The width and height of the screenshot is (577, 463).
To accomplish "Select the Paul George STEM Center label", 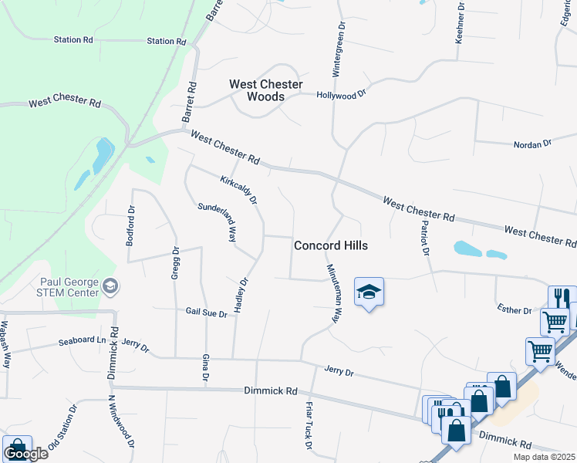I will click(68, 287).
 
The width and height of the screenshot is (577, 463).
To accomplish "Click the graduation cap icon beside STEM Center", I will click(111, 287).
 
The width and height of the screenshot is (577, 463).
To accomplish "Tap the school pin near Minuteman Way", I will click(369, 292).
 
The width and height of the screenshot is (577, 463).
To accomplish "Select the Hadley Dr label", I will click(240, 295).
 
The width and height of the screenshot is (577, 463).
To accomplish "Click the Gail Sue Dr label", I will click(206, 314).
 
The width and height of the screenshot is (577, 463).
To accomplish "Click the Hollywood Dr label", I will click(341, 95).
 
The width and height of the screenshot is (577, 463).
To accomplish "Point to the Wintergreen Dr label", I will click(337, 49).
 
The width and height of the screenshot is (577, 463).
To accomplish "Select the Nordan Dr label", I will click(533, 144).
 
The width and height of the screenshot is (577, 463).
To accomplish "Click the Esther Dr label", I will click(515, 311).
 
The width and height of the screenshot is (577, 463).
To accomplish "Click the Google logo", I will click(25, 454).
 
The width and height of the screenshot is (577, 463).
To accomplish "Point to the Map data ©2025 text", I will click(544, 457).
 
